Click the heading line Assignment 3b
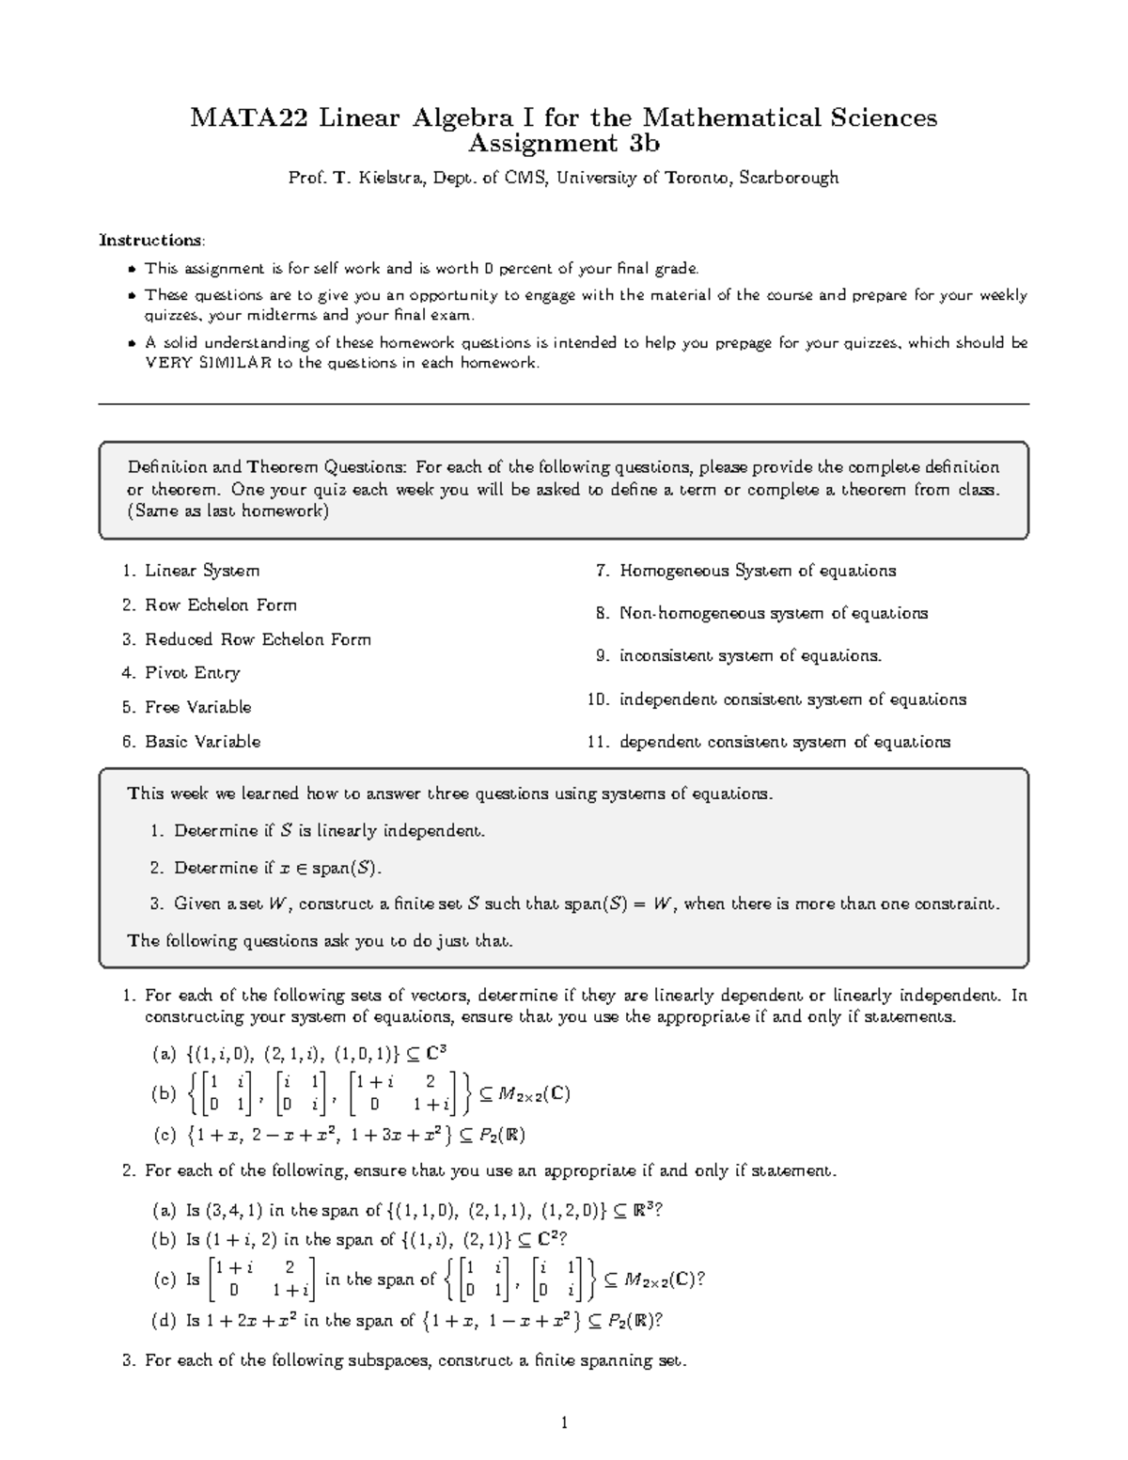click(x=564, y=144)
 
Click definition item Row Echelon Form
click(x=220, y=605)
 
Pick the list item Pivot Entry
click(x=192, y=673)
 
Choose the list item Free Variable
click(x=197, y=707)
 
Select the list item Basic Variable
click(x=202, y=742)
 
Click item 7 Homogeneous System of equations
click(x=757, y=571)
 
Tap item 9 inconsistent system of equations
click(x=750, y=656)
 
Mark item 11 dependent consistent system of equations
click(x=784, y=742)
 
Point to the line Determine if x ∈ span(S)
click(x=278, y=868)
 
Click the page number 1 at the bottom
click(x=564, y=1422)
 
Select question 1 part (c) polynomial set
click(x=353, y=1136)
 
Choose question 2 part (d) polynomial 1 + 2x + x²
click(x=254, y=1321)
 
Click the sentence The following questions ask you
click(x=320, y=941)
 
